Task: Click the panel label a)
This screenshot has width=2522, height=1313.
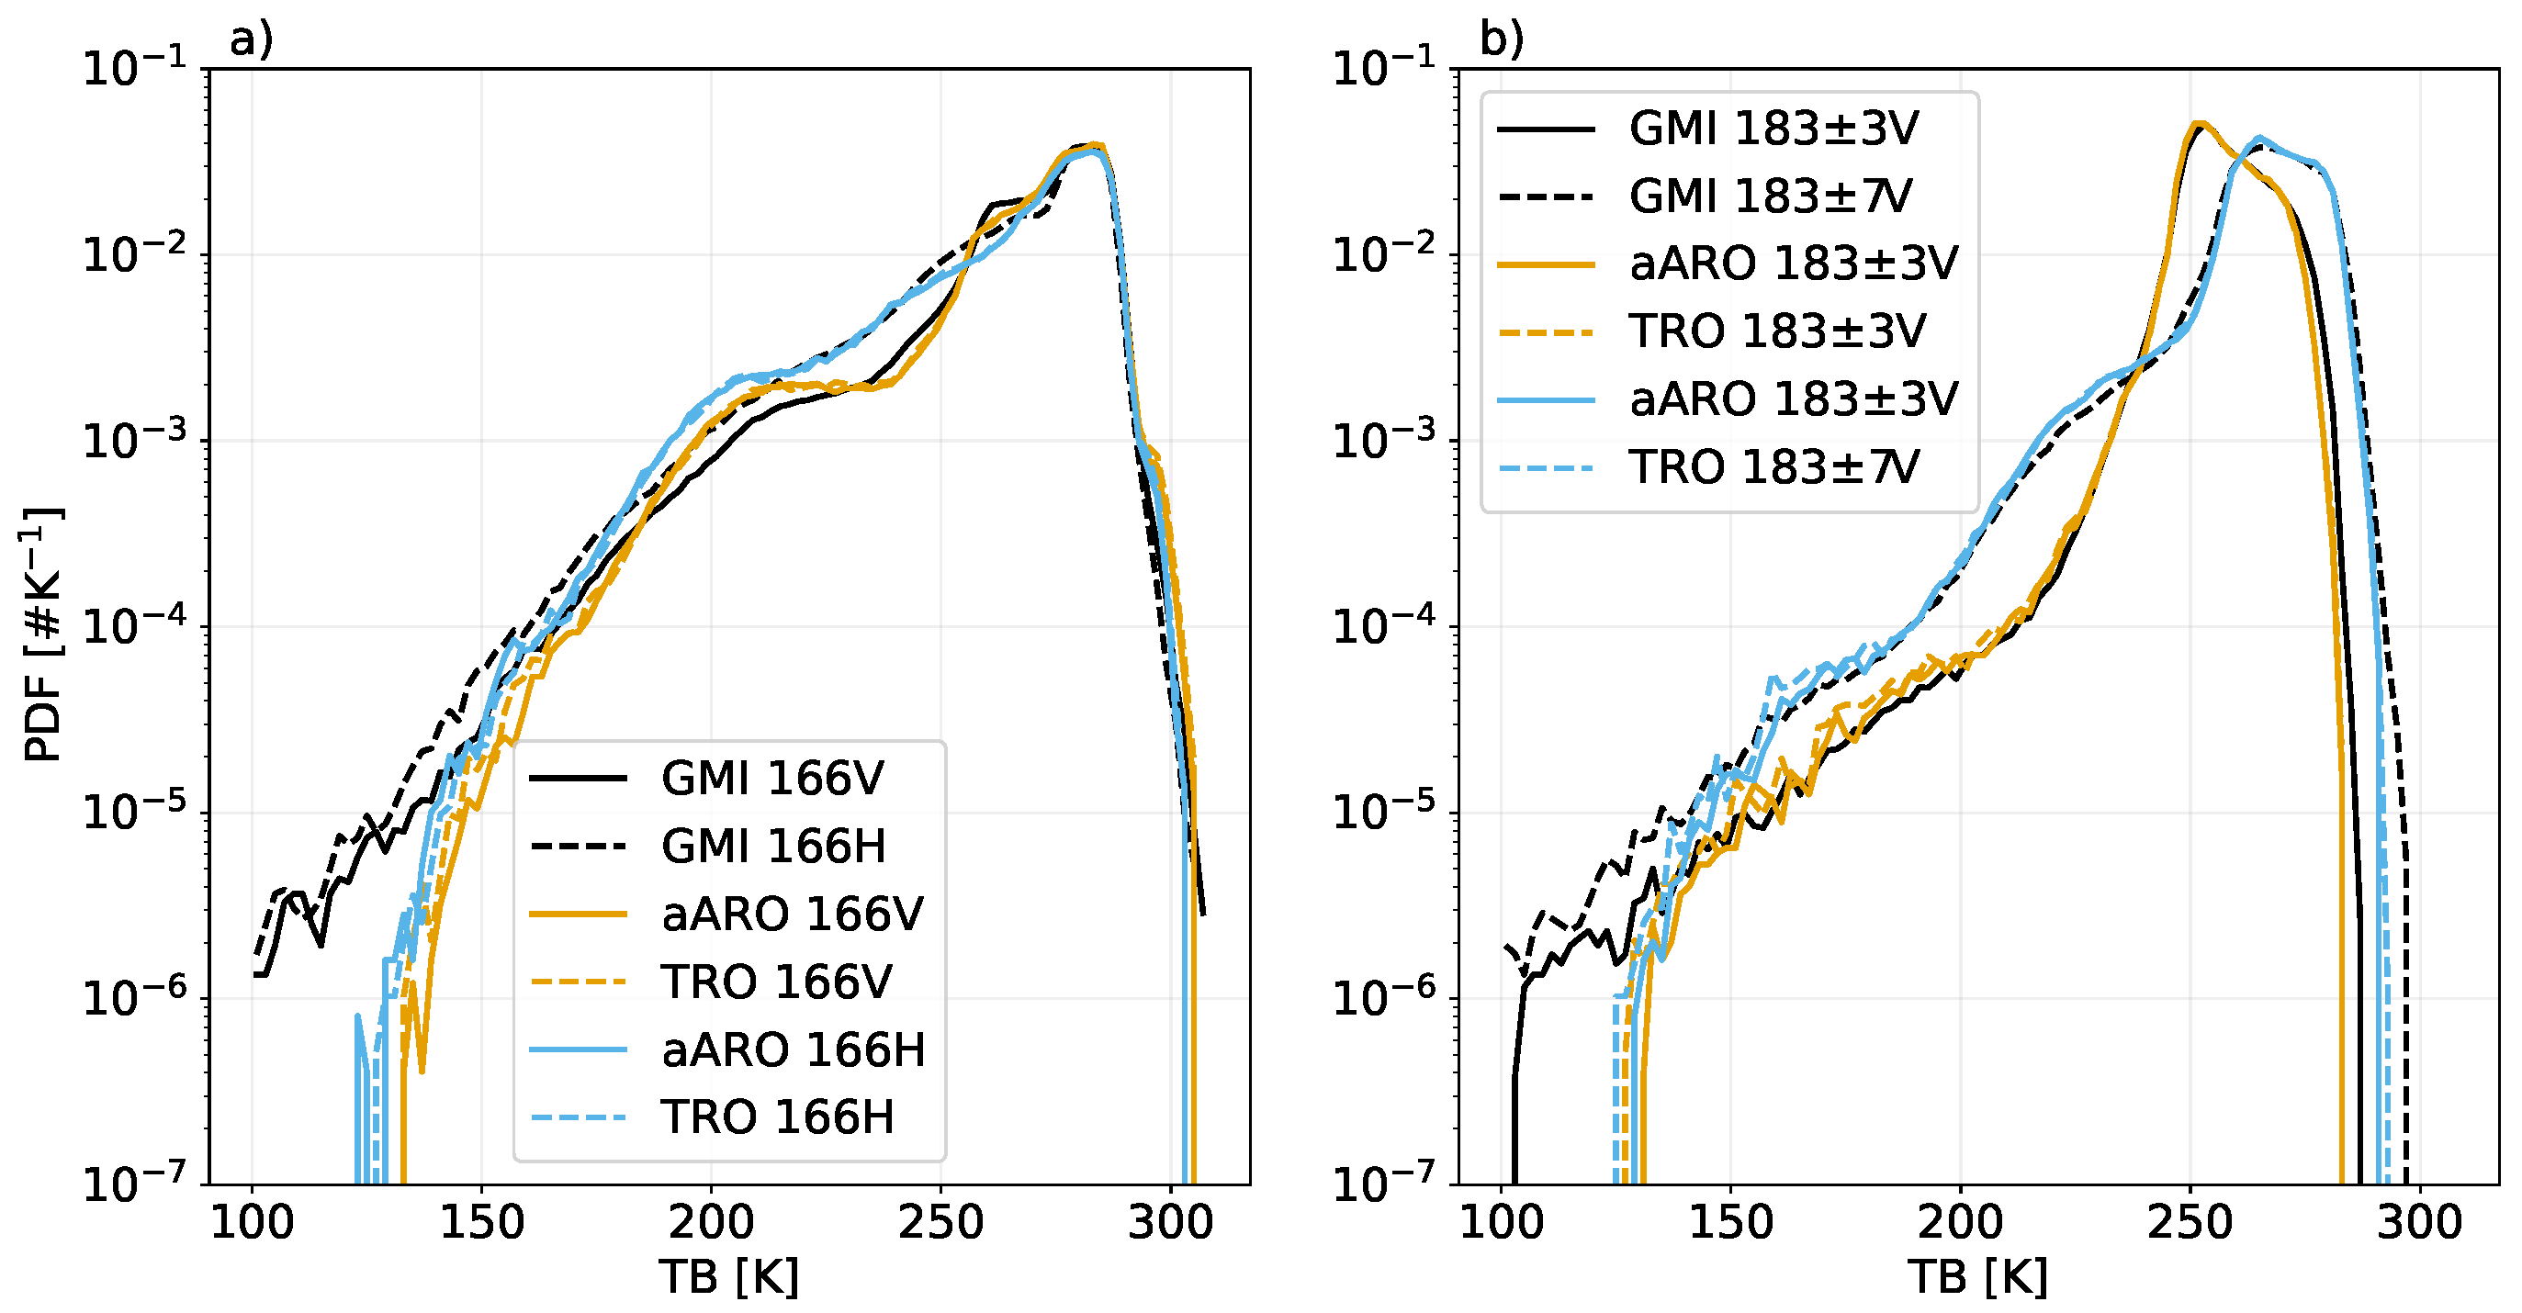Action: click(x=251, y=39)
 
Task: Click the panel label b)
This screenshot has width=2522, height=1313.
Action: click(x=1501, y=39)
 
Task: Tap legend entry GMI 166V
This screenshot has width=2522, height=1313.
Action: click(x=771, y=779)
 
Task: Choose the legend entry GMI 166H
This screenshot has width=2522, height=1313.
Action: click(x=773, y=846)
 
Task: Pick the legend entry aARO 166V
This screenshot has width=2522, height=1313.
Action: click(x=791, y=914)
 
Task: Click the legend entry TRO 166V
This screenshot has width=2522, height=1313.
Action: click(x=775, y=982)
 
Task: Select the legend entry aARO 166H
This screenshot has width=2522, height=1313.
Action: click(x=793, y=1049)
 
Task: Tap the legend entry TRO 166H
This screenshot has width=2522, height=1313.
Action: click(x=777, y=1117)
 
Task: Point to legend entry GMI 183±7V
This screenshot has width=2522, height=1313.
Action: click(x=1770, y=196)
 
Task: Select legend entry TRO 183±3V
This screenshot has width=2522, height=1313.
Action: click(x=1777, y=331)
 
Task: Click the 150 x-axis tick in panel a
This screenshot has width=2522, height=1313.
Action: click(x=481, y=1223)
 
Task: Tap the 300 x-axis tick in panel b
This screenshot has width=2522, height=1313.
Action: click(x=2419, y=1223)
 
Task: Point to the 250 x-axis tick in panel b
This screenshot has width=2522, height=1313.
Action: click(x=2190, y=1223)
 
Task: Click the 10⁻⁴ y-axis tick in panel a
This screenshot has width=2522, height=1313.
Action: click(x=134, y=625)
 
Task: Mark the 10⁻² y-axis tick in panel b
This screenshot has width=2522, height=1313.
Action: click(x=1383, y=253)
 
